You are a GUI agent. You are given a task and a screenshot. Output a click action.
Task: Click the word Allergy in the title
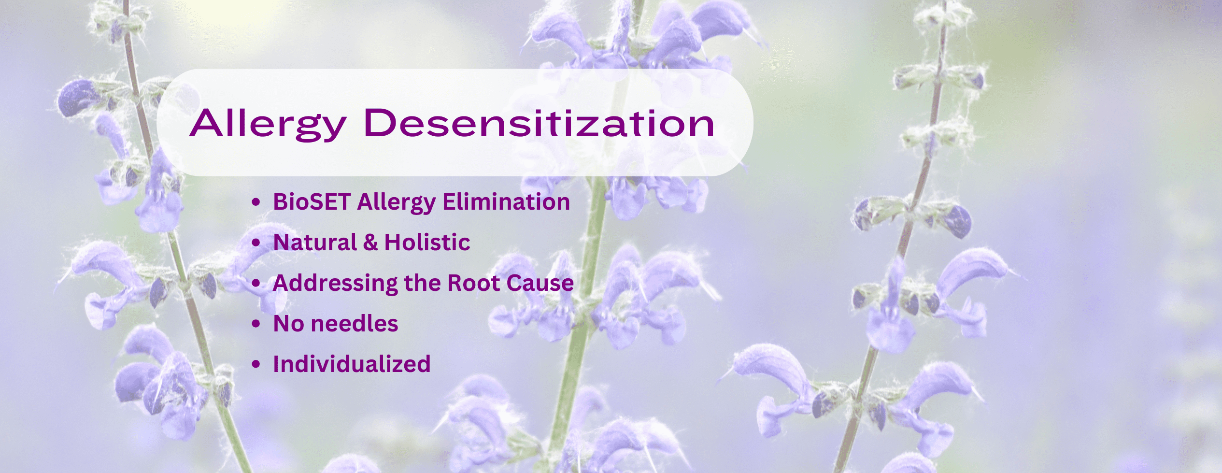(268, 125)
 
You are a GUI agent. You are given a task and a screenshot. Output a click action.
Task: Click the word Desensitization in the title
(539, 123)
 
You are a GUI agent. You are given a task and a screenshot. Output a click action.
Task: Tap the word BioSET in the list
(312, 202)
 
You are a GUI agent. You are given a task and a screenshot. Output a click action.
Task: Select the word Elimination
(507, 202)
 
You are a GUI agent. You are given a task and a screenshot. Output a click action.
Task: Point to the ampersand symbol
(370, 243)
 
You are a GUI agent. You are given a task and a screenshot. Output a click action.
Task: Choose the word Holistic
(427, 243)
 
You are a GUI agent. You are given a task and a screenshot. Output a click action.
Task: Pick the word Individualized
(352, 364)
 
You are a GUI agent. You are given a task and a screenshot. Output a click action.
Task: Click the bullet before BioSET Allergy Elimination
(256, 202)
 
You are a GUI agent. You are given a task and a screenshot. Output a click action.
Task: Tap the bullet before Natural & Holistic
(256, 243)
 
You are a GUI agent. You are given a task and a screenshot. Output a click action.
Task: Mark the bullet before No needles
(256, 324)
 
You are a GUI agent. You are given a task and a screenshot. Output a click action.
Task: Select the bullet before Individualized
(256, 365)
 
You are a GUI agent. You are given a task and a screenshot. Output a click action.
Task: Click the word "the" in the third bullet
(423, 283)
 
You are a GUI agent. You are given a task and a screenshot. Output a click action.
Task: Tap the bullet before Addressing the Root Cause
(256, 284)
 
